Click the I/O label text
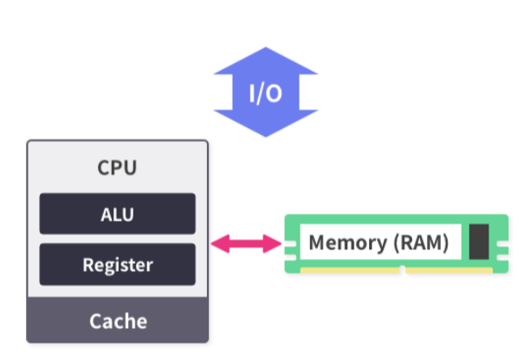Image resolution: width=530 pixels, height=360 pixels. point(266,93)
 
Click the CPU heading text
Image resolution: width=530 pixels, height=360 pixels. point(117,167)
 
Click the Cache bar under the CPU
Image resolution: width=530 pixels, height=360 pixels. point(117,321)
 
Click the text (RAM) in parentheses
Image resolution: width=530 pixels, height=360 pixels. point(419,243)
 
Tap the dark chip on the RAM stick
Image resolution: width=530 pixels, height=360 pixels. point(479,241)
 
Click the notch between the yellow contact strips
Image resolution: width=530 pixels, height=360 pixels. point(403,270)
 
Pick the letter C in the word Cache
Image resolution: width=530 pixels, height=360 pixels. point(96,321)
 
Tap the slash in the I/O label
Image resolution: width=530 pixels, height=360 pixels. point(264,93)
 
